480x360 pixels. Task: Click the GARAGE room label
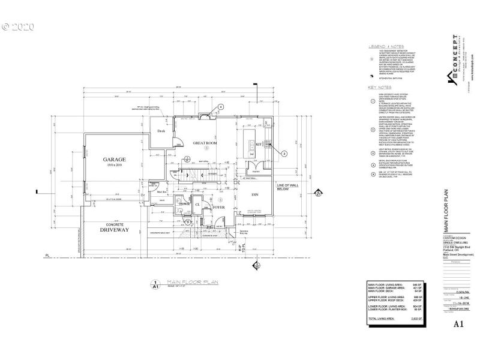click(x=113, y=160)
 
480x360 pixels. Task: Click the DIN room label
click(x=254, y=194)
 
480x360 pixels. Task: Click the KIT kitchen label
click(x=259, y=144)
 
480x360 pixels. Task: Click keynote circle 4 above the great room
click(x=221, y=106)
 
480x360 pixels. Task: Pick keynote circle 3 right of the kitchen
click(x=285, y=154)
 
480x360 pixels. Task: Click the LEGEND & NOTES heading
click(x=383, y=46)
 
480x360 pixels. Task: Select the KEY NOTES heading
click(x=379, y=87)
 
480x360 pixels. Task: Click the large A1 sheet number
click(x=458, y=323)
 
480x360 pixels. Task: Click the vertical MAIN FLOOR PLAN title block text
click(x=446, y=212)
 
